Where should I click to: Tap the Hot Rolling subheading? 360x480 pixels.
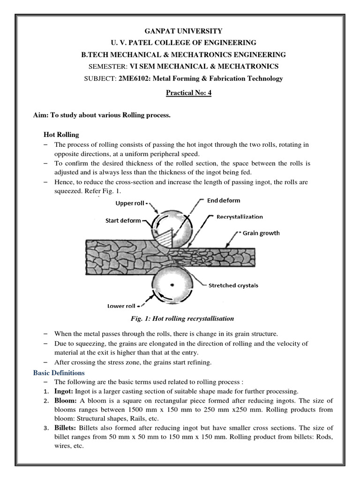[x=61, y=135]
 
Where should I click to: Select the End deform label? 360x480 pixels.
[x=223, y=201]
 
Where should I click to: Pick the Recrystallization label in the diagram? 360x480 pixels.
[x=239, y=217]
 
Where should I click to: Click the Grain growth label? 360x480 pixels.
[x=261, y=232]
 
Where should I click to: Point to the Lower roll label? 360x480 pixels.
[x=121, y=306]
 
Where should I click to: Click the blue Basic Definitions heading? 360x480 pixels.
[x=59, y=373]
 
